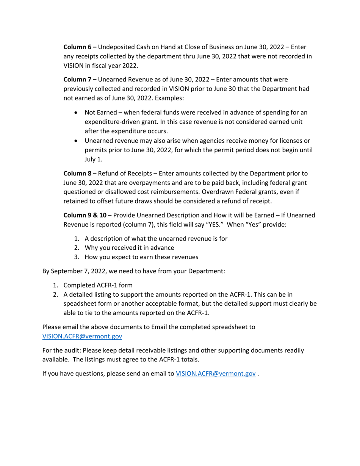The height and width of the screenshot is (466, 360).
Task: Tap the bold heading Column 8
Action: coord(77,174)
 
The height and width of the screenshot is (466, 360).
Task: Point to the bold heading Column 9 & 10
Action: coord(85,215)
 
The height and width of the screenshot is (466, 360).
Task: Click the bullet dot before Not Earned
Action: coord(77,113)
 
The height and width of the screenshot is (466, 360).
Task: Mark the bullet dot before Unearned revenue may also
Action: coord(77,141)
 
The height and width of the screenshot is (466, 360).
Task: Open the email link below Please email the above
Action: coord(82,336)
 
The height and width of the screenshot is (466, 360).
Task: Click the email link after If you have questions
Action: coord(215,374)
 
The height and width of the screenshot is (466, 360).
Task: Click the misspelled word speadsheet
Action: coord(81,304)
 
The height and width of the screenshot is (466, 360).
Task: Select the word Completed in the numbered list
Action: coord(79,285)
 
